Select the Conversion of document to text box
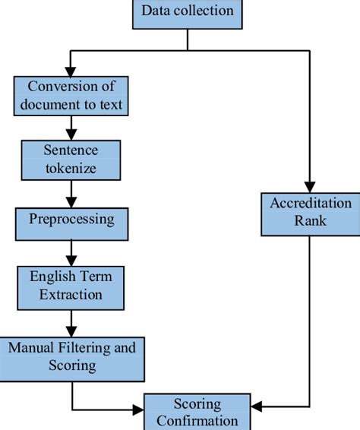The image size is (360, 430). click(x=71, y=95)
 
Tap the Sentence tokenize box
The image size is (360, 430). click(x=71, y=159)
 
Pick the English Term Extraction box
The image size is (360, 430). click(x=71, y=285)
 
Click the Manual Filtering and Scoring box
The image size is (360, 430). click(x=71, y=356)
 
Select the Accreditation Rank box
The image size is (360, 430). click(x=311, y=213)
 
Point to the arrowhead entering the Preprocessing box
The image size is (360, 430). click(x=71, y=202)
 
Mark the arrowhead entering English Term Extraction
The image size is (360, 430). click(x=71, y=261)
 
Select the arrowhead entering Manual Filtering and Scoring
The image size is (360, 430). click(x=71, y=330)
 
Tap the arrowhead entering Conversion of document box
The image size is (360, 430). click(x=71, y=70)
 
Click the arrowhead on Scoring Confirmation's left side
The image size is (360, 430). click(x=138, y=410)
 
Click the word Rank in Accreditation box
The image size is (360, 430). click(x=311, y=221)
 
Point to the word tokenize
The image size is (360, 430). click(x=71, y=168)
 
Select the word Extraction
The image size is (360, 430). click(x=71, y=293)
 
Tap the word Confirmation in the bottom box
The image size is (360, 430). click(x=197, y=420)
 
